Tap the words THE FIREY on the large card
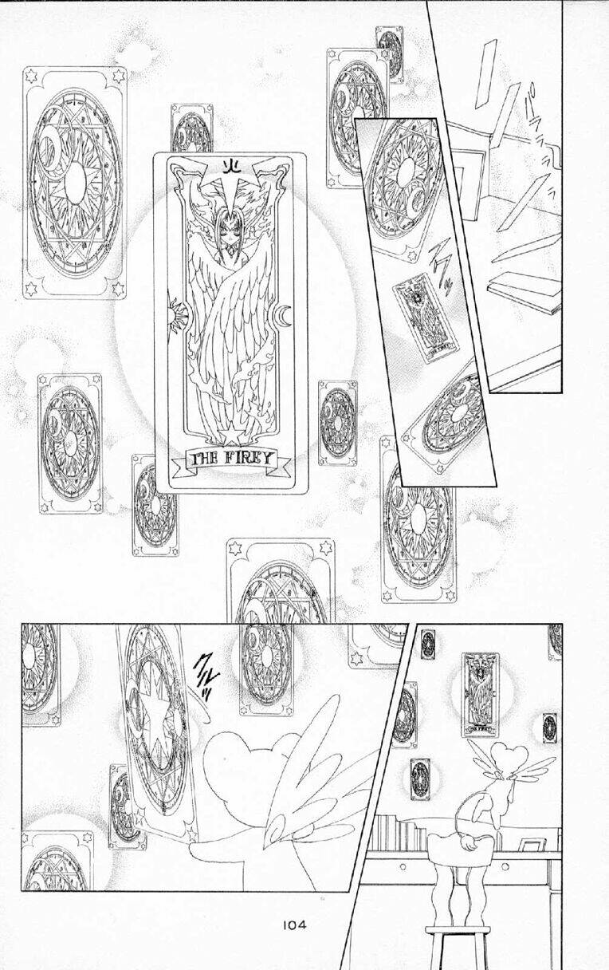pos(230,459)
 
